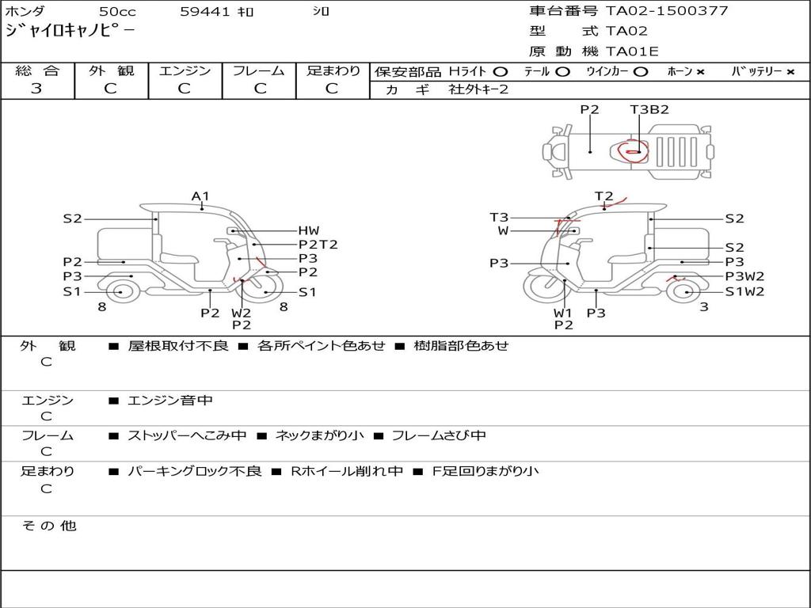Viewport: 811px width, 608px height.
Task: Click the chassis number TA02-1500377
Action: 667,11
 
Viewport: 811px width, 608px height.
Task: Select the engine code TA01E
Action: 632,51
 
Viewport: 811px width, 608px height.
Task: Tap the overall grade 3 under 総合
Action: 36,89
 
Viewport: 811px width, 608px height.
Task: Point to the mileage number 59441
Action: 205,11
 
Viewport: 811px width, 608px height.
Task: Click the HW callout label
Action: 309,230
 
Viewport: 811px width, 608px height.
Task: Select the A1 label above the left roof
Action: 200,196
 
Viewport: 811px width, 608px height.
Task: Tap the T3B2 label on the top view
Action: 649,109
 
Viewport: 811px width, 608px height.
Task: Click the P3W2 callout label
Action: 744,276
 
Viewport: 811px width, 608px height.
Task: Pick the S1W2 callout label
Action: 744,291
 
